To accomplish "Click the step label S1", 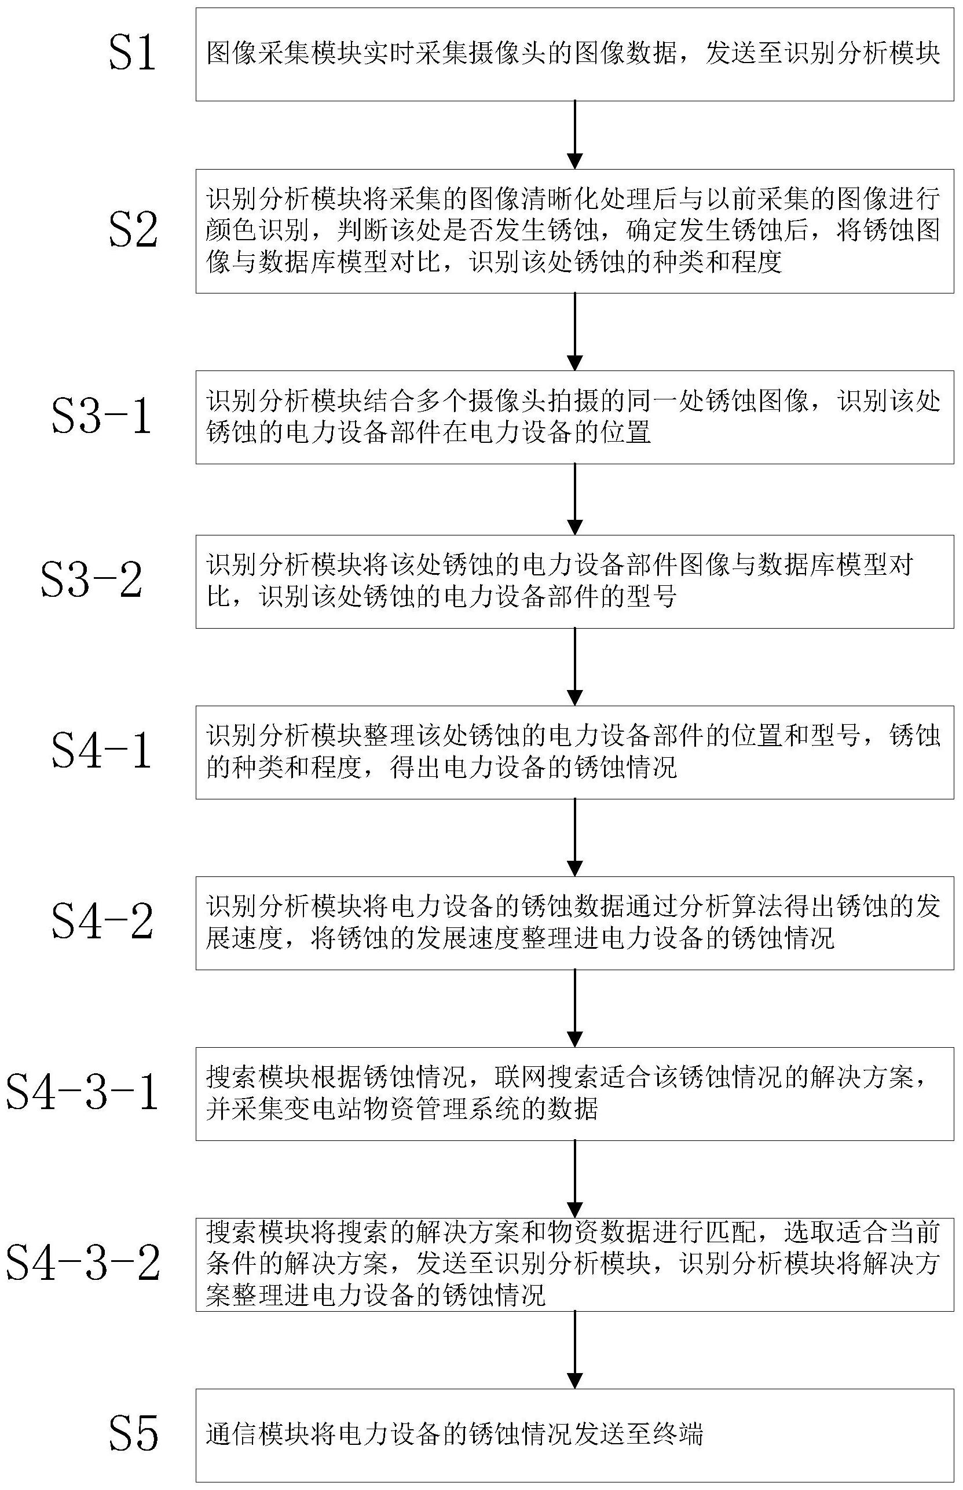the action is (x=132, y=54).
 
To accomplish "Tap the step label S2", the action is (x=133, y=230).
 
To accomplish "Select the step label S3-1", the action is (x=101, y=417).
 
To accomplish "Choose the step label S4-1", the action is (x=101, y=751).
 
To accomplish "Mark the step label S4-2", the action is (x=102, y=922).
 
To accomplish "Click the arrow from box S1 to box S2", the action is (x=574, y=135).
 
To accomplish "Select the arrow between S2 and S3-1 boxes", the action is (x=574, y=332).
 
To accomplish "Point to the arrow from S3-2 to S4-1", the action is (x=574, y=667).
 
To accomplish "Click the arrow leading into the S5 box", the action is (x=574, y=1349).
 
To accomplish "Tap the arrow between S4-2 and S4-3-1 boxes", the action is (x=574, y=1008).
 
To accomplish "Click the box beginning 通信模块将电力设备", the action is (x=574, y=1435).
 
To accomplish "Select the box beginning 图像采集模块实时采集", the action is (x=574, y=54).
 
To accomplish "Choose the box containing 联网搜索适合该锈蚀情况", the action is (x=574, y=1093).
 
